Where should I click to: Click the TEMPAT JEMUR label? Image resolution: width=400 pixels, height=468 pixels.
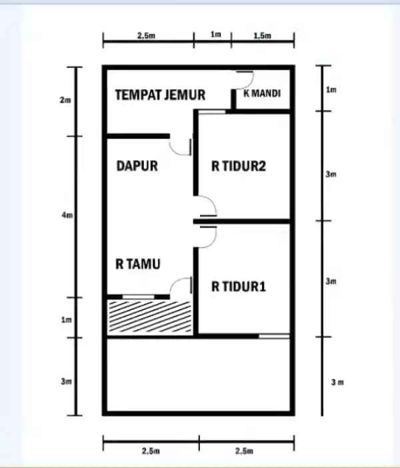click(x=160, y=95)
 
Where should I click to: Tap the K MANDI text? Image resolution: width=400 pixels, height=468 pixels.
click(x=262, y=94)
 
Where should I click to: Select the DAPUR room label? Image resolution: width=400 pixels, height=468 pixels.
click(x=137, y=166)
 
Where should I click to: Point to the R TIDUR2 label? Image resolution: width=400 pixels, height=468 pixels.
click(x=239, y=166)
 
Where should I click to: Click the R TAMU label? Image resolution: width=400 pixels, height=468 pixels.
click(x=137, y=265)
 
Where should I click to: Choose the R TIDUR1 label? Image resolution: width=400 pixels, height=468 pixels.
click(x=239, y=287)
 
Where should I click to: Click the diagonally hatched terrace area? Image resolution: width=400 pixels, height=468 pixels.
click(x=150, y=316)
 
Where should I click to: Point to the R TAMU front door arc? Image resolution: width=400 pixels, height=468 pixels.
click(x=181, y=287)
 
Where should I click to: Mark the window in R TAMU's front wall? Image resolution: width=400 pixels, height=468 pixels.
click(x=138, y=296)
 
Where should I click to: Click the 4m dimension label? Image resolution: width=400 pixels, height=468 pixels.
click(x=65, y=216)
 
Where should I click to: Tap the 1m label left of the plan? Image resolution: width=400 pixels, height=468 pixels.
click(x=65, y=320)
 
